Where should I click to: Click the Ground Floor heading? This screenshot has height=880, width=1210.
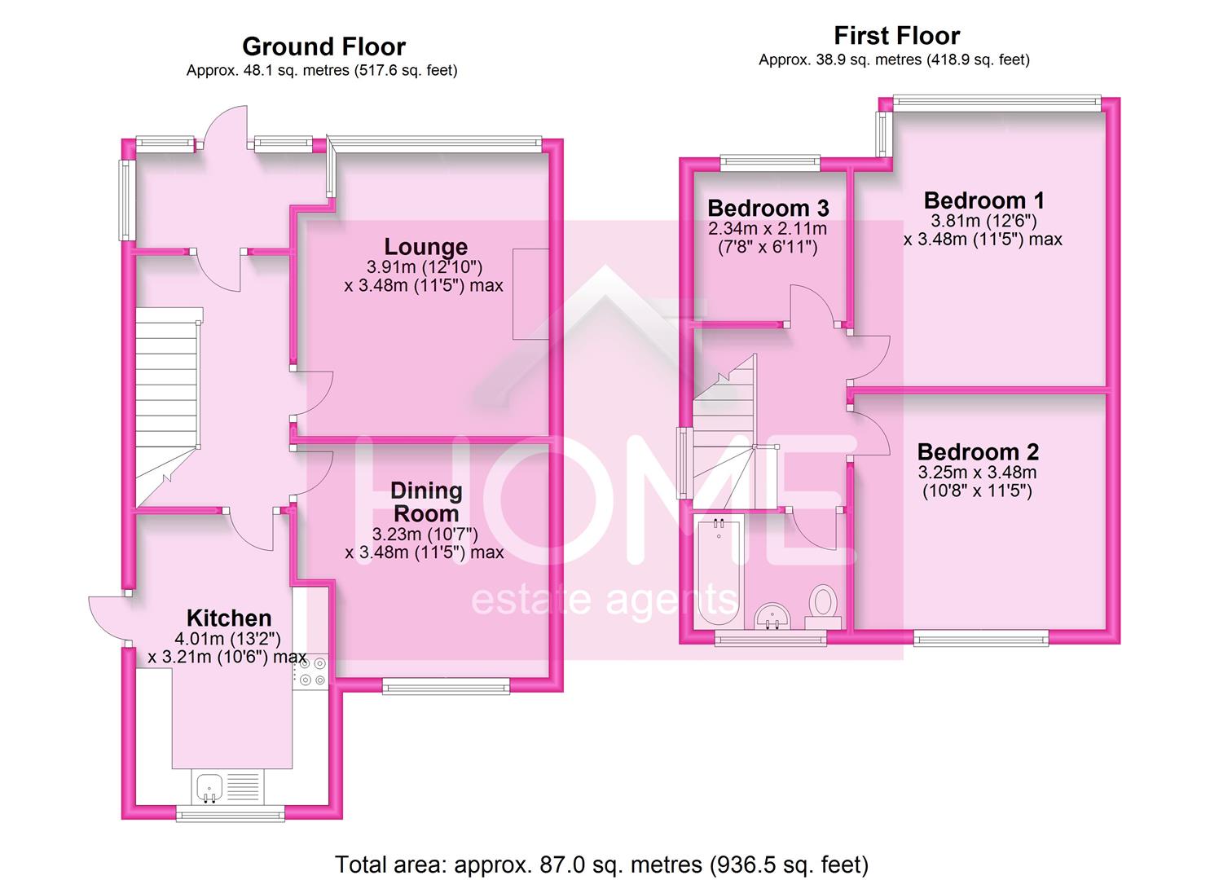click(x=323, y=46)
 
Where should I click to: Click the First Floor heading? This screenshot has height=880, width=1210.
click(x=896, y=36)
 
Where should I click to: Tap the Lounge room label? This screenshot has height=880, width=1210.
click(x=425, y=247)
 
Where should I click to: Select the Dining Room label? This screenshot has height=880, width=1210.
click(x=426, y=502)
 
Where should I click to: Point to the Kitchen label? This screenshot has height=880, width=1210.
click(x=229, y=618)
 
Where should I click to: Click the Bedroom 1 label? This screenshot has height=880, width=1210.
click(x=983, y=200)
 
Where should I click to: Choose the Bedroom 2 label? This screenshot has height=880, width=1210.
click(x=978, y=451)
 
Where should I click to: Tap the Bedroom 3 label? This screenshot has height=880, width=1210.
click(x=768, y=208)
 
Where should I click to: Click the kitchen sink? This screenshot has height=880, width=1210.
click(x=210, y=788)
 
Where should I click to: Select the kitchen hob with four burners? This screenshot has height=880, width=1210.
click(x=311, y=670)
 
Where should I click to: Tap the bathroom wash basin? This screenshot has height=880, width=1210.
click(x=771, y=617)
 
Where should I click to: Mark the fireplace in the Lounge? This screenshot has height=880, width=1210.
click(x=530, y=294)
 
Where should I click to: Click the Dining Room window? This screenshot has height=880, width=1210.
click(x=447, y=688)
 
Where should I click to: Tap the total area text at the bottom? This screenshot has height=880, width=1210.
click(x=602, y=864)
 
